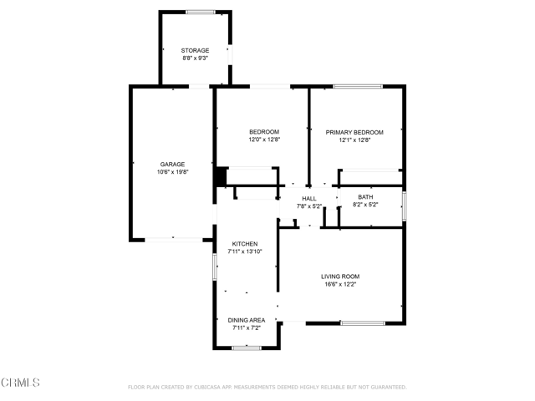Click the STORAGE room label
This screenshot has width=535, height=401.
pyautogui.click(x=195, y=51)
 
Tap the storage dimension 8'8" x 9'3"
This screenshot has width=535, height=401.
pyautogui.click(x=195, y=59)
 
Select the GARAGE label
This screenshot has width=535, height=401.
pyautogui.click(x=173, y=164)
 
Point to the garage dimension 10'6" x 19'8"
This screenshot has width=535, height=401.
pyautogui.click(x=173, y=172)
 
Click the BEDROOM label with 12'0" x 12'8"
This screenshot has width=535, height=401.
pyautogui.click(x=264, y=132)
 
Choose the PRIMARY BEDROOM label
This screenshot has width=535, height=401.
pyautogui.click(x=354, y=132)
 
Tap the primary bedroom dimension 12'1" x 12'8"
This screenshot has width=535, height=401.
pyautogui.click(x=354, y=140)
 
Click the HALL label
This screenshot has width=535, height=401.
pyautogui.click(x=309, y=198)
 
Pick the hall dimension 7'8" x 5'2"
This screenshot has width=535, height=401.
pyautogui.click(x=309, y=206)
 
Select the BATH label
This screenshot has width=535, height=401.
pyautogui.click(x=365, y=196)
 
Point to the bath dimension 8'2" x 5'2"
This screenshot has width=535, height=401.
pyautogui.click(x=365, y=205)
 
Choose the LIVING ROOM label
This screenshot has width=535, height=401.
pyautogui.click(x=340, y=276)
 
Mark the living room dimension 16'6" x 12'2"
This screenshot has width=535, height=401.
pyautogui.click(x=340, y=284)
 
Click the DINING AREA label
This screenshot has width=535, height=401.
pyautogui.click(x=247, y=320)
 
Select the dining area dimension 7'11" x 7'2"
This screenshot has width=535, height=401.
pyautogui.click(x=247, y=327)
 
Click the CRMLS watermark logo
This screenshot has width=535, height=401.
pyautogui.click(x=21, y=383)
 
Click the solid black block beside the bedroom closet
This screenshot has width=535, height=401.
pyautogui.click(x=221, y=178)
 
